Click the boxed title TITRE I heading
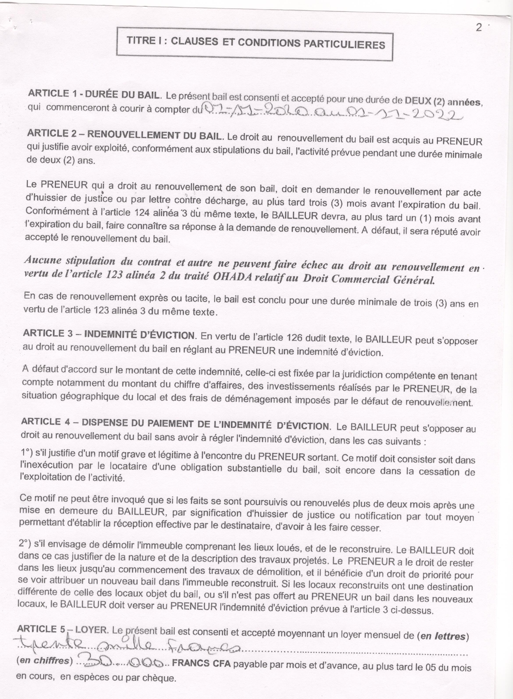[x=256, y=43]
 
